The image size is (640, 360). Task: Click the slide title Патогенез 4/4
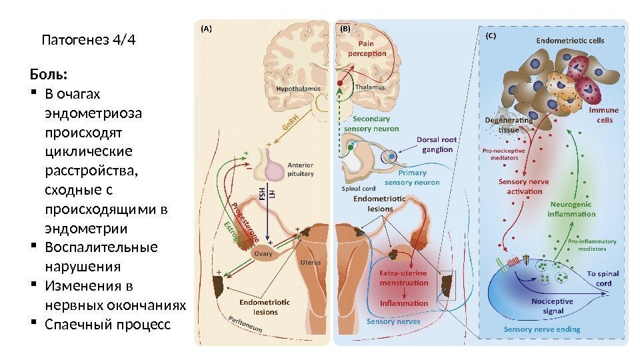[88, 40]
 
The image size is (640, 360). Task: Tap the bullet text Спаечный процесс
[107, 325]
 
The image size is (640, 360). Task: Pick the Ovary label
[262, 253]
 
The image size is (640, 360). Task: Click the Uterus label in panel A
[310, 262]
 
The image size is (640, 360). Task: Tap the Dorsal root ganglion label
[437, 145]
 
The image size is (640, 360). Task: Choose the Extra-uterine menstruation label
[404, 278]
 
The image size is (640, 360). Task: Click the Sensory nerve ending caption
[541, 329]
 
